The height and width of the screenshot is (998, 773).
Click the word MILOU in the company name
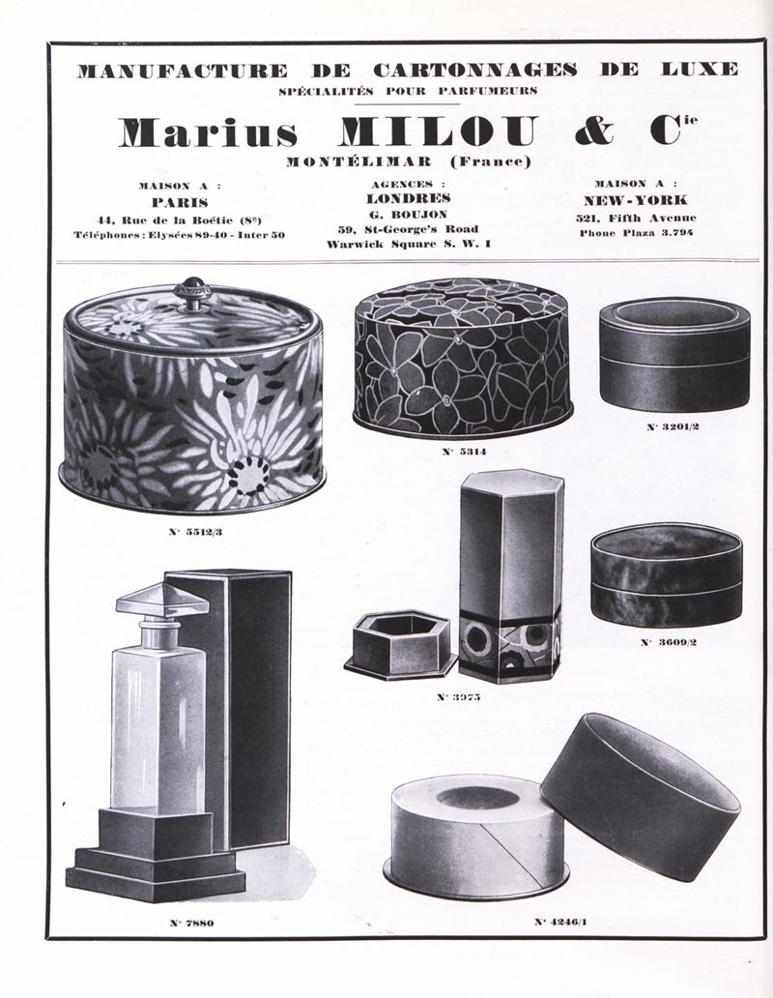440,132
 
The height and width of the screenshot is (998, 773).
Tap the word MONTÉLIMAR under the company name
359,161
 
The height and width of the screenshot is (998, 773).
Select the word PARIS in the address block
180,203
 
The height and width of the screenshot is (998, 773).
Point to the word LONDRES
409,198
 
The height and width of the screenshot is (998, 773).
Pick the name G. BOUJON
408,215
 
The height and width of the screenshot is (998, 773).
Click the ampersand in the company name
595,131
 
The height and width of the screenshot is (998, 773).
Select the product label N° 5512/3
196,532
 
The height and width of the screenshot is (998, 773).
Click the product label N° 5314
464,452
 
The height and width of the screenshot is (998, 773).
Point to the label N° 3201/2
673,426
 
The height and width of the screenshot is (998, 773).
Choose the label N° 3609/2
668,642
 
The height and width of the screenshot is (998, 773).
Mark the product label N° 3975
458,697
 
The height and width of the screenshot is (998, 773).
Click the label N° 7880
191,923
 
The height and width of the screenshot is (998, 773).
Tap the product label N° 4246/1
560,921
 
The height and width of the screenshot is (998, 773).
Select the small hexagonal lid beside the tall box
400,646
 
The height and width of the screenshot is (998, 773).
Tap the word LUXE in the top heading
700,70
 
